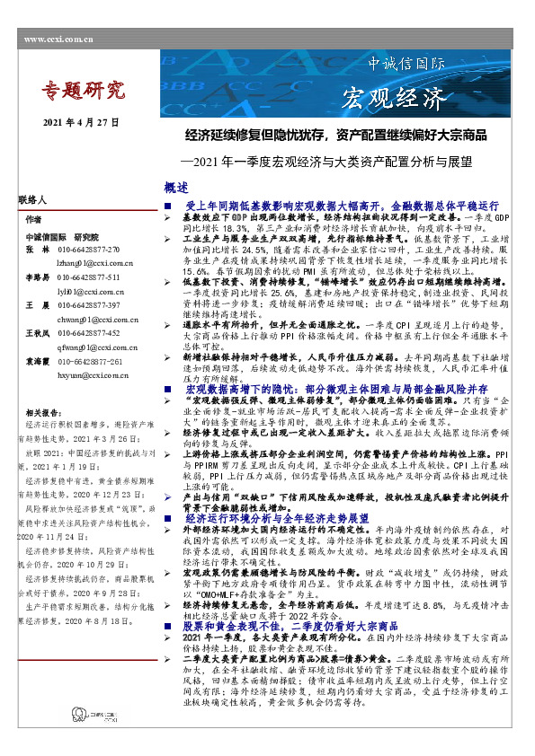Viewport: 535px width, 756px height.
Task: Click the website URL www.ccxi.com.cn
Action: [x=59, y=39]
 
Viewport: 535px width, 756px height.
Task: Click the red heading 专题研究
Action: [x=87, y=90]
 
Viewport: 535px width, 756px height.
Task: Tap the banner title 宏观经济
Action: [x=396, y=96]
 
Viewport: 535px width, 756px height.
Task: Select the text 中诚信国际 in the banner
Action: [x=406, y=66]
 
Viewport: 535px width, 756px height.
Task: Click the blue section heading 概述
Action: [x=177, y=188]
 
